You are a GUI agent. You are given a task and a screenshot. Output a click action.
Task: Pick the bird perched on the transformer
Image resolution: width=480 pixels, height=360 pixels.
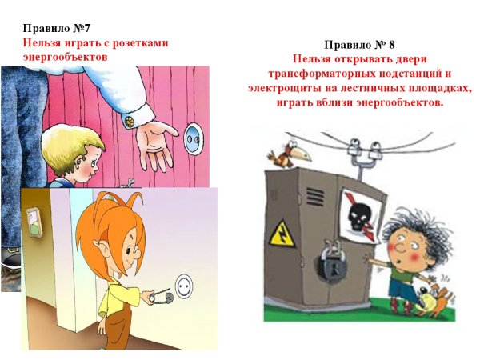[282, 152]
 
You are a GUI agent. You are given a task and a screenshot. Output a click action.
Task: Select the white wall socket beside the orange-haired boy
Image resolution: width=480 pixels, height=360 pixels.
[185, 284]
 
